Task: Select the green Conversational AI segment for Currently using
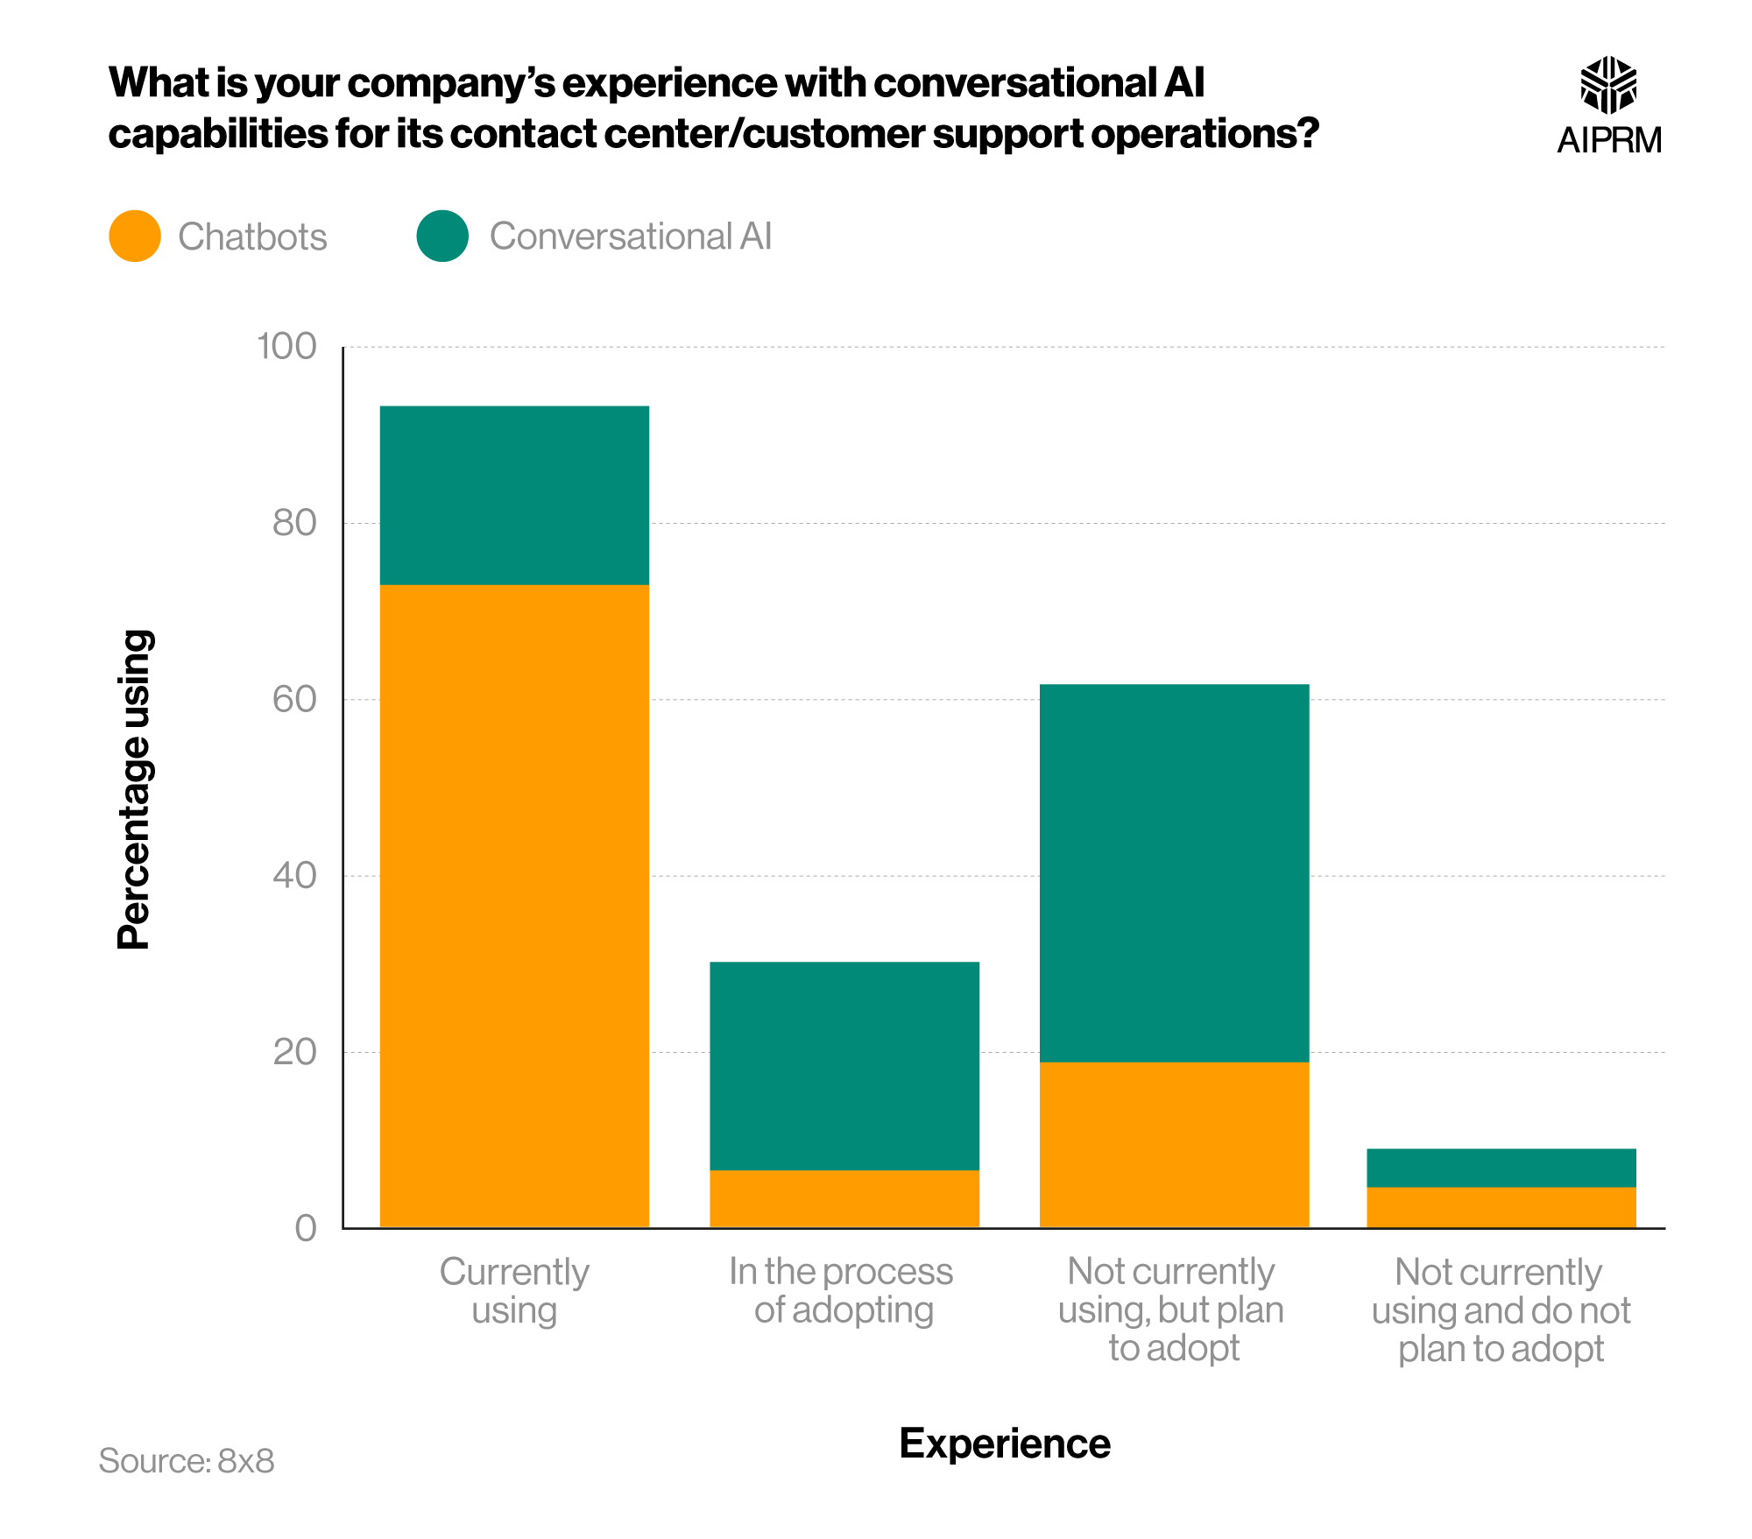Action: coord(514,495)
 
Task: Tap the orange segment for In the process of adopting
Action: coord(844,1198)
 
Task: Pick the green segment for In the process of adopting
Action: coord(844,1065)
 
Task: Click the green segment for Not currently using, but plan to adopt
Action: coord(1174,872)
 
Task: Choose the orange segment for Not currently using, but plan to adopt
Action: coord(1174,1144)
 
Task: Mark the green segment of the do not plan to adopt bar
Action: coord(1501,1168)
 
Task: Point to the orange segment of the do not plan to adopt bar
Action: coord(1501,1207)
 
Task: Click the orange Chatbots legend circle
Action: coord(135,236)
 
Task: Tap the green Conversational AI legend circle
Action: coord(442,236)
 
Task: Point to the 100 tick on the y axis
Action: coord(286,347)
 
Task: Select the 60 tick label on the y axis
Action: coord(294,700)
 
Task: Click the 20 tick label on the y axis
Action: coord(294,1052)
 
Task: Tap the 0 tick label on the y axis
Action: coord(306,1228)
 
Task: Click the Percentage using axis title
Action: coord(135,788)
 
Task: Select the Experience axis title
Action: coord(1004,1443)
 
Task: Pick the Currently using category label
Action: coord(514,1290)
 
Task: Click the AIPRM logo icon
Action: coord(1608,85)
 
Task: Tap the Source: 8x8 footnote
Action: coord(187,1460)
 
